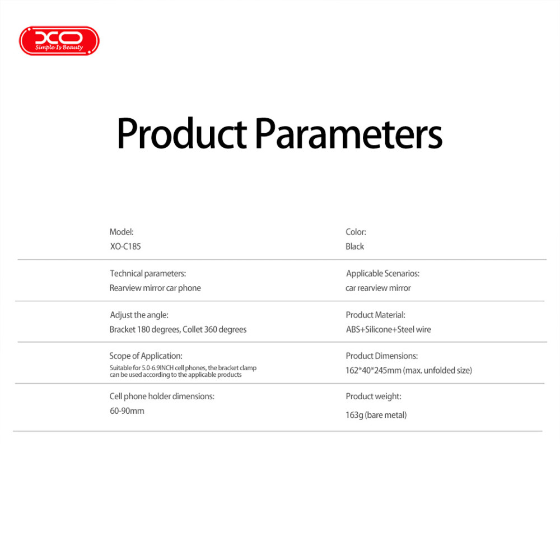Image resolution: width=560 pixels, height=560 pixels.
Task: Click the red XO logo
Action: [x=59, y=41]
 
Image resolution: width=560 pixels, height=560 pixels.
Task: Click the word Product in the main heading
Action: [x=182, y=133]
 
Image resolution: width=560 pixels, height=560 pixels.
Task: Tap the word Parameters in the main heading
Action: [x=349, y=133]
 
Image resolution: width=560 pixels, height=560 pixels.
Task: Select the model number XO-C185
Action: [x=125, y=246]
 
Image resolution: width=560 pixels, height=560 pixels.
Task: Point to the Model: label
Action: [x=122, y=232]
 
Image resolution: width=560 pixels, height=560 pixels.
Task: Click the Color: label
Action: [x=356, y=232]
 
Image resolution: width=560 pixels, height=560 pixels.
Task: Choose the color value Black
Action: [x=354, y=246]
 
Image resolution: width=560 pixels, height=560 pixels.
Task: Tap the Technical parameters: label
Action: [x=148, y=274]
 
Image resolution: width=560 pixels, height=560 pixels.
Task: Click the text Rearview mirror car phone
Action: [x=155, y=288]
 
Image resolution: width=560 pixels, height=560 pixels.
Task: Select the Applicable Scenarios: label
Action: [x=382, y=274]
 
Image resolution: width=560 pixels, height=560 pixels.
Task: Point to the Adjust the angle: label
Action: [x=139, y=315]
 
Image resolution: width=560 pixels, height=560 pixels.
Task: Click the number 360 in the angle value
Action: [x=211, y=329]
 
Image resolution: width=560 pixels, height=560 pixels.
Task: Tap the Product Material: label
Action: [x=375, y=315]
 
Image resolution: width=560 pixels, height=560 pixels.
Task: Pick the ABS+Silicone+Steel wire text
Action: [x=388, y=329]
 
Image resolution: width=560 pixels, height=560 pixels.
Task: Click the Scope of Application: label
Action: [x=146, y=356]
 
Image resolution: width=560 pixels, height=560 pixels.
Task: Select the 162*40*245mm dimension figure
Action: [x=373, y=370]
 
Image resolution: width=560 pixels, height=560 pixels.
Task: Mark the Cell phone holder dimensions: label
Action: [x=162, y=396]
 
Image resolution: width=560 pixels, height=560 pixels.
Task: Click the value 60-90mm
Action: [x=127, y=410]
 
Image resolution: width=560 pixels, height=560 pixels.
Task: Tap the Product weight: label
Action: [x=373, y=396]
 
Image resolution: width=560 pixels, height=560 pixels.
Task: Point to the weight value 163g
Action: [x=354, y=415]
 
